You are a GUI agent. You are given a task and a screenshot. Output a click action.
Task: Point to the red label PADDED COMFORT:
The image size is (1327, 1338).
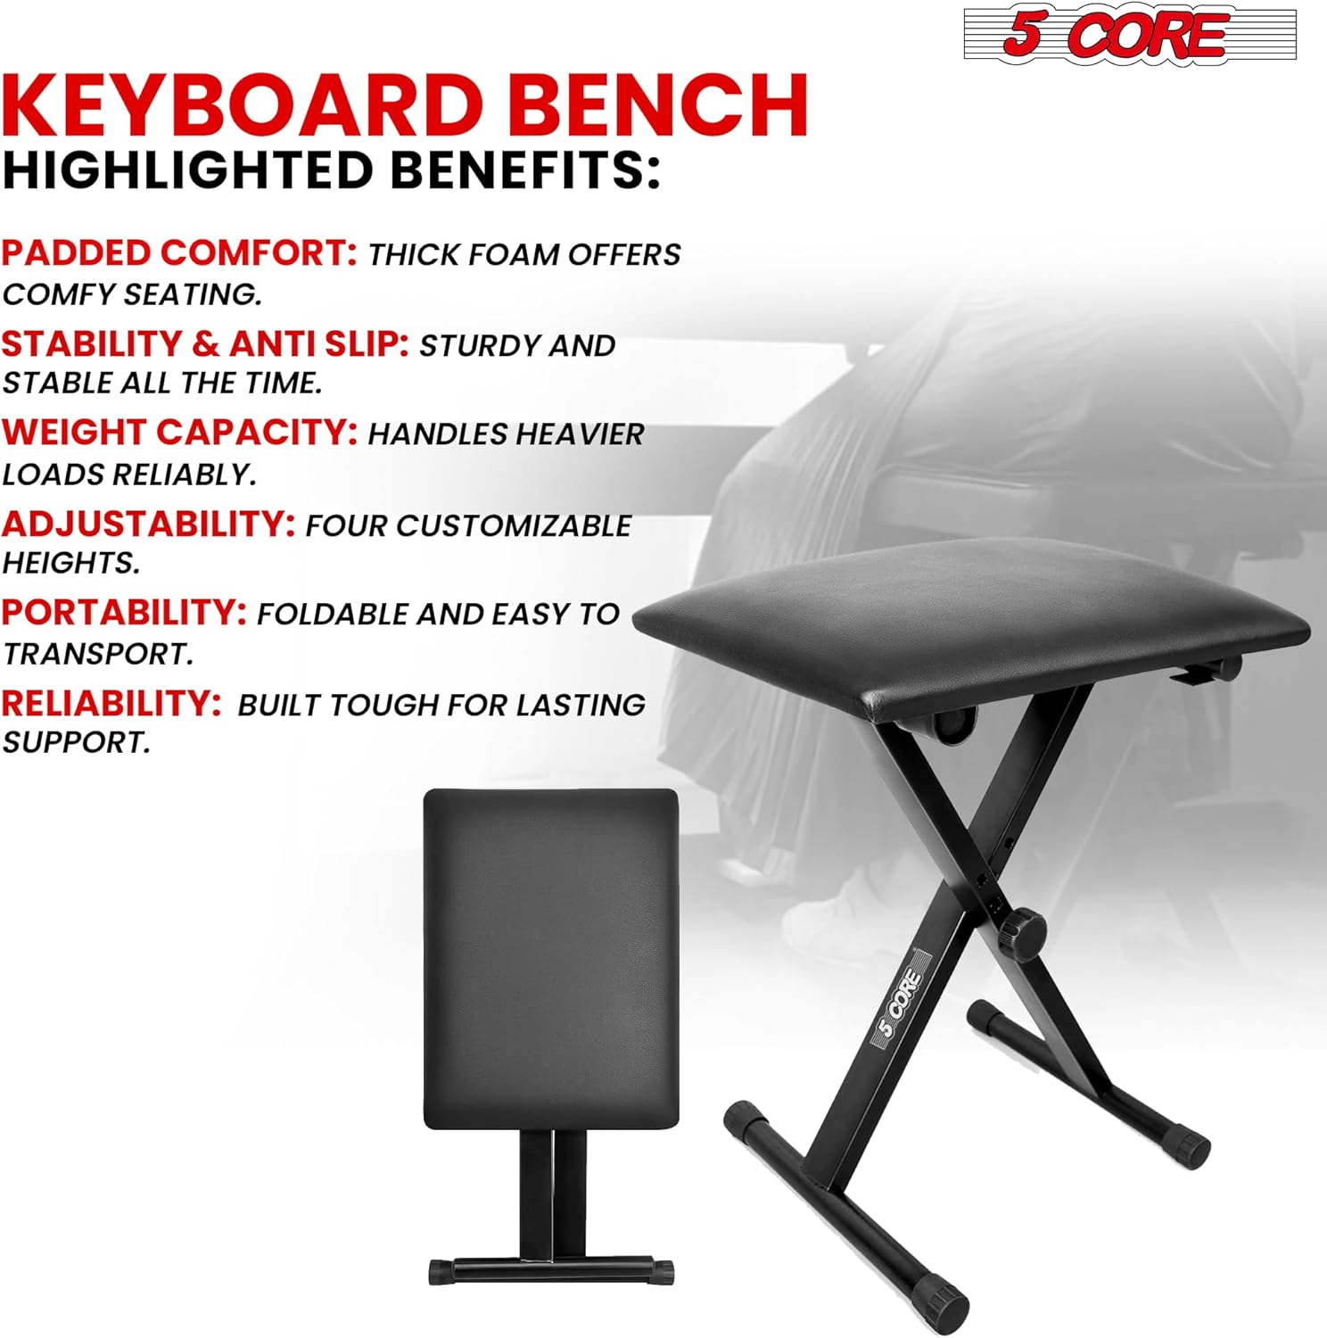tap(179, 253)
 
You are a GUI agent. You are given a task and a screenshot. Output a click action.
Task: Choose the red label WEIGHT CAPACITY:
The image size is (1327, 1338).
tap(179, 433)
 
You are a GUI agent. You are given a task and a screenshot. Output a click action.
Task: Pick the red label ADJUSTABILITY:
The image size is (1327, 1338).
tap(148, 524)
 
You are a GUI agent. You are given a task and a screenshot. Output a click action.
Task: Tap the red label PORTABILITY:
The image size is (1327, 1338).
tap(124, 613)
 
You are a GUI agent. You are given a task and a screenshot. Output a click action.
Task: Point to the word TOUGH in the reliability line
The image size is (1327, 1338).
tap(389, 706)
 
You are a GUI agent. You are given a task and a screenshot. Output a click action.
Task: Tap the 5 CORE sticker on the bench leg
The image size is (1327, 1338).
tap(901, 1002)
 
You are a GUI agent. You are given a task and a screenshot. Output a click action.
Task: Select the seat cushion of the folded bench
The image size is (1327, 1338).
tap(551, 959)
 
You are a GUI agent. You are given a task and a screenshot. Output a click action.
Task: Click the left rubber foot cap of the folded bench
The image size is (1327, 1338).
tap(441, 1271)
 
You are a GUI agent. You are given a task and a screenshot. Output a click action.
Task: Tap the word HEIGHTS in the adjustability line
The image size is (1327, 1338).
tap(71, 563)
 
